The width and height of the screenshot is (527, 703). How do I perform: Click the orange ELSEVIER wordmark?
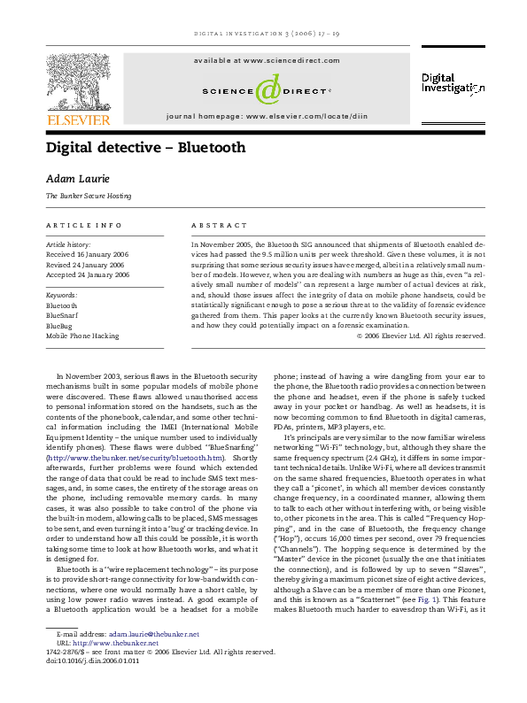[x=79, y=120]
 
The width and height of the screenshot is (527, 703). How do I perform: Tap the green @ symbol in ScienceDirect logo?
[x=266, y=89]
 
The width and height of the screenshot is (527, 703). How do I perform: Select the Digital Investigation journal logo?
[x=452, y=83]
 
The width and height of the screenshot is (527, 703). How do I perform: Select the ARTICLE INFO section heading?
[x=84, y=226]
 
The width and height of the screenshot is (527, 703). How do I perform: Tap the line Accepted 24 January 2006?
[x=88, y=275]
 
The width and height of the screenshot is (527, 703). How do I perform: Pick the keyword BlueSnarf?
[x=63, y=314]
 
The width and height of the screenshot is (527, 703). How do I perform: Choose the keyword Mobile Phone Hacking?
[x=81, y=336]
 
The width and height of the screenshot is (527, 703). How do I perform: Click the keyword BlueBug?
[x=60, y=325]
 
